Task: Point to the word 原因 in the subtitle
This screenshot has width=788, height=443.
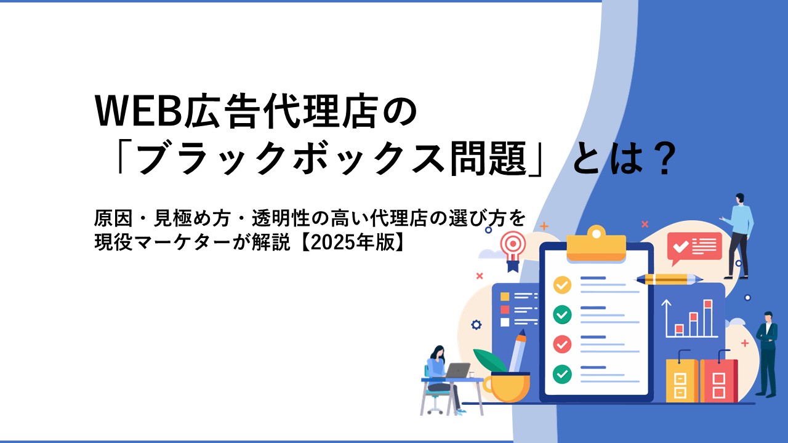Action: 113,218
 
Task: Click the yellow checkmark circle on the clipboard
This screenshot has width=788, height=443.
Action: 562,285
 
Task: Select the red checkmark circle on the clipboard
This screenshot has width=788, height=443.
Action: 562,344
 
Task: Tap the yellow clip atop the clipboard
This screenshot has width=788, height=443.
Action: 597,244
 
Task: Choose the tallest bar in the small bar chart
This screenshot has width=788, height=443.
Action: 708,318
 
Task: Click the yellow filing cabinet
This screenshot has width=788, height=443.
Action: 681,377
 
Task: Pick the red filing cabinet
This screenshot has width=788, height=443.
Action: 718,377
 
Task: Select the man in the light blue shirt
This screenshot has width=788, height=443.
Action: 739,236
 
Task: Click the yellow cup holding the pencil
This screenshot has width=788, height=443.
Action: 507,388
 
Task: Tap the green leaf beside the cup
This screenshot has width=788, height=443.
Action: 489,361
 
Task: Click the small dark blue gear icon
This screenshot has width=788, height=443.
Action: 476,324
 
